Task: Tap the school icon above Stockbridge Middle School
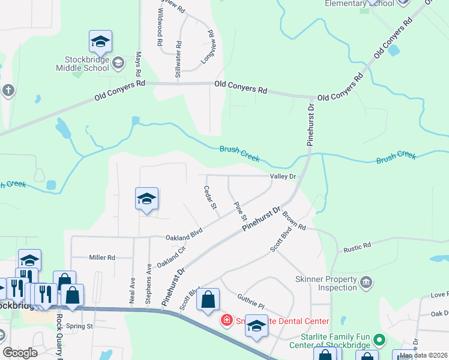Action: coord(100,42)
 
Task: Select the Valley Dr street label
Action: coord(283,176)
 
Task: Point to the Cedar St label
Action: coord(210,197)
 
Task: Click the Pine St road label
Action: coord(241,210)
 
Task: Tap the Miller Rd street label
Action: coord(102,257)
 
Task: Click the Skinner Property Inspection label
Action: coord(326,283)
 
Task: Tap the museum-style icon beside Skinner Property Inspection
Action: coord(366,280)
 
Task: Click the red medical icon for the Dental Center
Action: coord(226,320)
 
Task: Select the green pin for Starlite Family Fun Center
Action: coord(379,340)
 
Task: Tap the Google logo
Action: coord(20,353)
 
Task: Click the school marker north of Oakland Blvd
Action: coord(146,199)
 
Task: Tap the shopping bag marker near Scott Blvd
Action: coord(208,300)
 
